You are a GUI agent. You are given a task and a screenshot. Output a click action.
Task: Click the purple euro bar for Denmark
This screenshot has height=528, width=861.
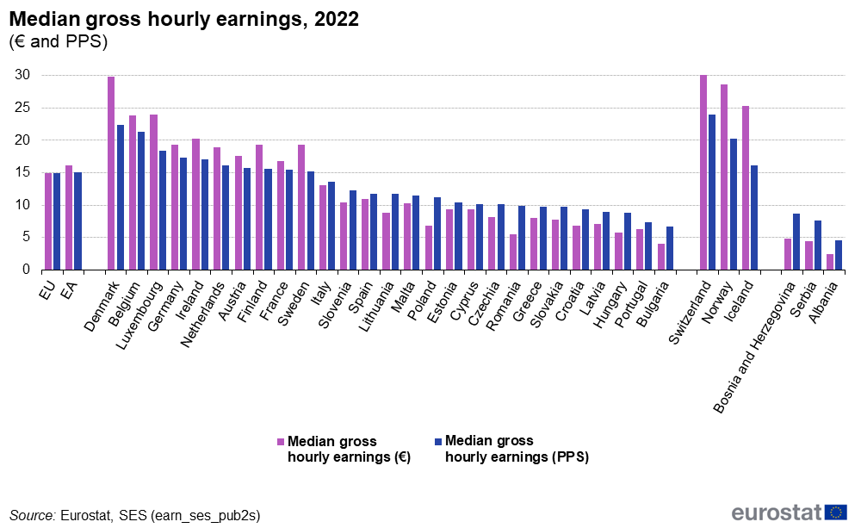click(x=111, y=173)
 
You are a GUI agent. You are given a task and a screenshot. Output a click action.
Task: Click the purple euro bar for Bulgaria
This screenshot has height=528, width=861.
click(x=661, y=257)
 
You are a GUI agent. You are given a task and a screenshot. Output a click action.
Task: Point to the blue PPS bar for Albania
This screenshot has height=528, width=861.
click(x=839, y=255)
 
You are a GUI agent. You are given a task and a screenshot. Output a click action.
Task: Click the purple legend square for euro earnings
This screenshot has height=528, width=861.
click(x=280, y=441)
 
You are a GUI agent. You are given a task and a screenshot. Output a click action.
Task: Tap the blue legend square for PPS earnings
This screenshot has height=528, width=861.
click(x=438, y=441)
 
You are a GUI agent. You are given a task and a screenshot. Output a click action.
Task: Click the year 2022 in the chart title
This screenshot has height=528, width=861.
click(x=337, y=20)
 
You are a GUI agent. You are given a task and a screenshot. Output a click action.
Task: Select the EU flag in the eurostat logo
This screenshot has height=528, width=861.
click(x=835, y=512)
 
